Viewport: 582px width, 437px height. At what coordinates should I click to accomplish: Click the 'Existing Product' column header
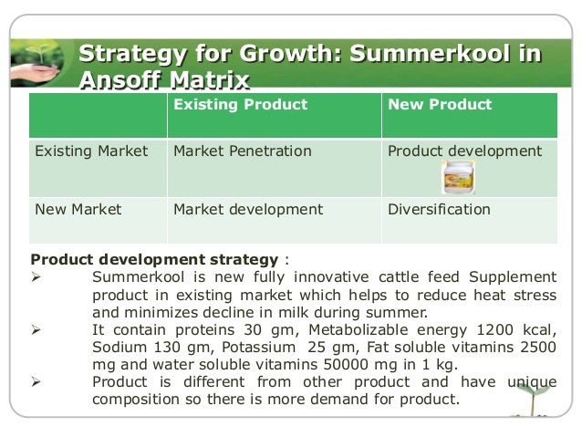[x=240, y=105]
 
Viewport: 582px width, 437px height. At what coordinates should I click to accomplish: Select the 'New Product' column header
[x=440, y=105]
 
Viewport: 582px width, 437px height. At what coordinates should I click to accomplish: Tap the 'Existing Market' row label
[x=90, y=151]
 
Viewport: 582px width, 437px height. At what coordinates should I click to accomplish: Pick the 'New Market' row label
[x=78, y=209]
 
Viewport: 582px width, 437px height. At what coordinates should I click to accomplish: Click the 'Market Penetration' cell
[x=242, y=151]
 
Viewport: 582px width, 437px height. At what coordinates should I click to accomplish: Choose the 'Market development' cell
[x=247, y=209]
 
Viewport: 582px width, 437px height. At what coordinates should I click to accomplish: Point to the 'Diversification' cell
[x=439, y=209]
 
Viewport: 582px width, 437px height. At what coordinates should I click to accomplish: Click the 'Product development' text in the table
[x=464, y=151]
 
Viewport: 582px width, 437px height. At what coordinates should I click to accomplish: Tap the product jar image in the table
[x=456, y=177]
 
